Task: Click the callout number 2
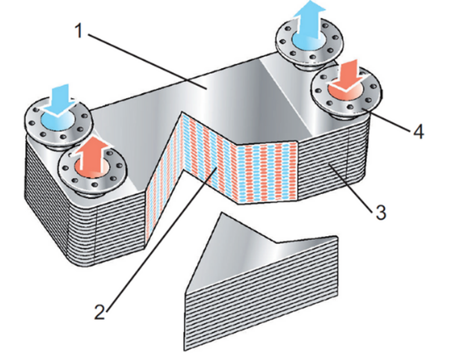(100, 313)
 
